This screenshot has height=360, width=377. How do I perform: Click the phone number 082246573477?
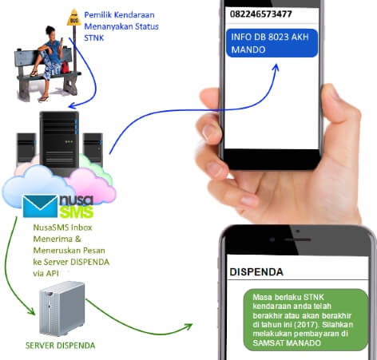click(261, 14)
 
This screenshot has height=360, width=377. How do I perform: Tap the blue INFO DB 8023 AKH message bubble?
click(272, 43)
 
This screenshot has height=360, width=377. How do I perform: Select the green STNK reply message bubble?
click(306, 319)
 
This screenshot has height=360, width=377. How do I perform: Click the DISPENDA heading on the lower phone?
click(256, 272)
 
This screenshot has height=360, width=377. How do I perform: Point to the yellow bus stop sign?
click(74, 18)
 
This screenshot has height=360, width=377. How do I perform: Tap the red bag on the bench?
click(65, 67)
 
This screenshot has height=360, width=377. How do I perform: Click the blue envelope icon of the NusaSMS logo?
click(40, 206)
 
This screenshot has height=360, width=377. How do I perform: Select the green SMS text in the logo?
click(77, 212)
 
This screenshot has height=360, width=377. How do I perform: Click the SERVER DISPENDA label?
click(60, 346)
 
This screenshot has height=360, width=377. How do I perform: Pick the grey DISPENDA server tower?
click(62, 308)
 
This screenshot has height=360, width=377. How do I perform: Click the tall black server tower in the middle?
click(59, 142)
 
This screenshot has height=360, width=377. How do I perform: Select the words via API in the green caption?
click(46, 273)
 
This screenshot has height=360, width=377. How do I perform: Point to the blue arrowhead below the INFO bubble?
click(276, 67)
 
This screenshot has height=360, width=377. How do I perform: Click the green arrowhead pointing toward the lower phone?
click(188, 326)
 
